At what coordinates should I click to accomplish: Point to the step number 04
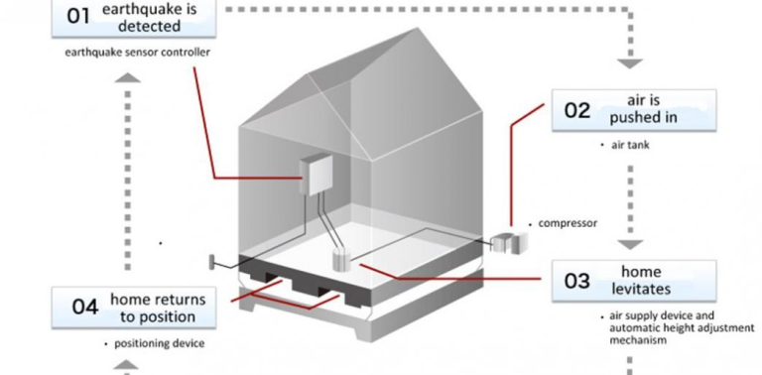pos(84,307)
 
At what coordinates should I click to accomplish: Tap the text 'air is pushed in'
pos(649,109)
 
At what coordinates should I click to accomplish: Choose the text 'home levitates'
pos(646,280)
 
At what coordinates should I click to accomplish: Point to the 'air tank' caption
pos(631,145)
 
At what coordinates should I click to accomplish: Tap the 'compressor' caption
pos(567,223)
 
